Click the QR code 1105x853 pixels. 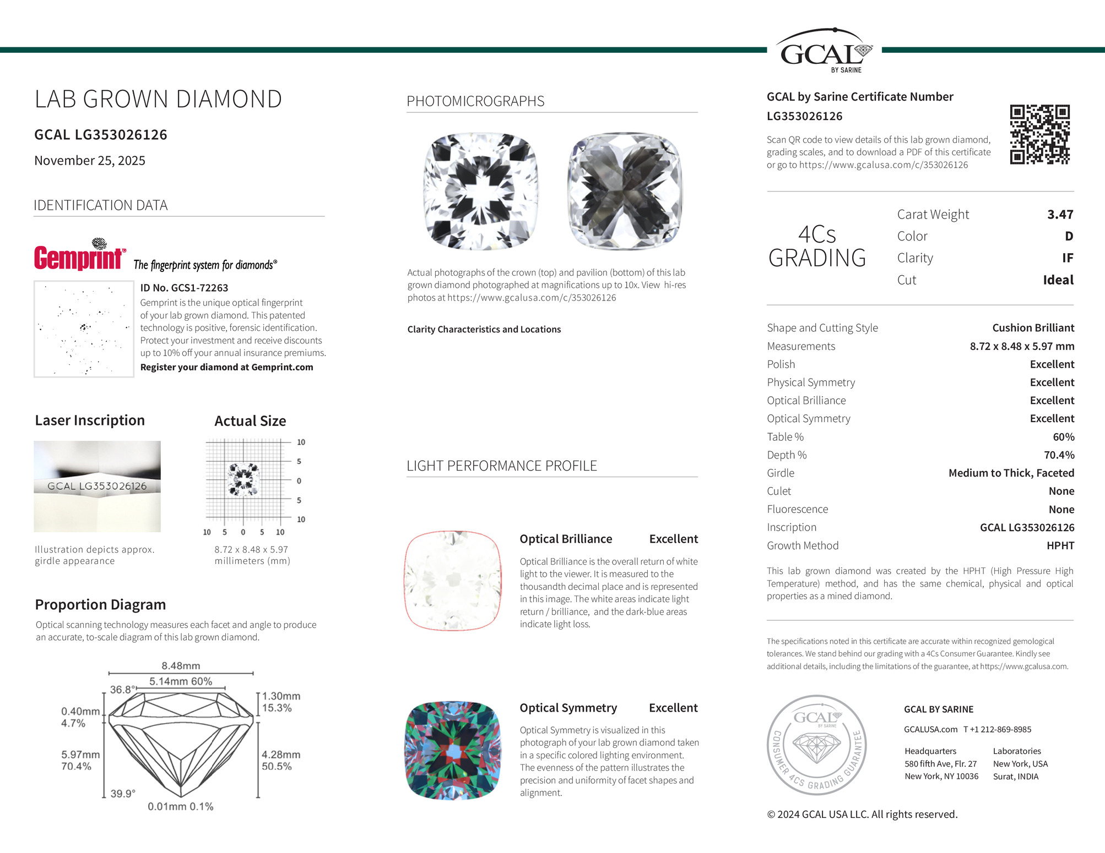(x=1039, y=134)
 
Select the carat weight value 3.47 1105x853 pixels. (x=1060, y=215)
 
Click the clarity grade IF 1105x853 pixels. (x=1067, y=258)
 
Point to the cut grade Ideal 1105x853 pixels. (x=1058, y=280)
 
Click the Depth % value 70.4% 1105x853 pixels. (x=1059, y=455)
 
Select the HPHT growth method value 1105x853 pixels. (x=1060, y=546)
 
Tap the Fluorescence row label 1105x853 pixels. (x=797, y=510)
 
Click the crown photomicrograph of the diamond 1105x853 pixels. (x=481, y=191)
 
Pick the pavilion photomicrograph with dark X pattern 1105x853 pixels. (x=625, y=191)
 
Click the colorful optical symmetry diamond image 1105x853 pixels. (x=453, y=750)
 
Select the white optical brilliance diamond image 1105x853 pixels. (x=453, y=581)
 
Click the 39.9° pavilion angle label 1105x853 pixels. (x=123, y=794)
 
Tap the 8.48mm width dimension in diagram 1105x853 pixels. (x=181, y=666)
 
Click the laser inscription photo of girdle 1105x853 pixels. (x=97, y=486)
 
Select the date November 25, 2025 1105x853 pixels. (x=90, y=161)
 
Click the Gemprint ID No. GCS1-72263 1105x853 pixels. (x=184, y=288)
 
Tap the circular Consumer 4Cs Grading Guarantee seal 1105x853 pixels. (x=816, y=745)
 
